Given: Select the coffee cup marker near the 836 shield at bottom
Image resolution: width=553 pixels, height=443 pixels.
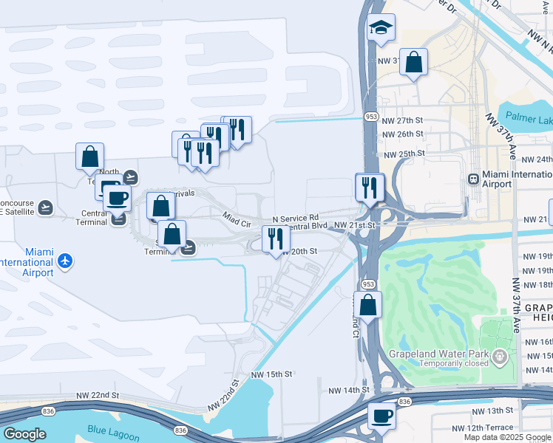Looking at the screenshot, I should (381, 416).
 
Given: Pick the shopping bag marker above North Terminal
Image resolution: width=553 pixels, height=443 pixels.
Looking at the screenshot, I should (89, 157).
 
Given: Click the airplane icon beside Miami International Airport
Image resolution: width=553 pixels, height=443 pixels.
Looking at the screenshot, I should (66, 261).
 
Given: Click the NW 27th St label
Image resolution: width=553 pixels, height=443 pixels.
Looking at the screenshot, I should (403, 120).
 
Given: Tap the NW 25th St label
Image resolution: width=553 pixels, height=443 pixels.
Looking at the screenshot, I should (403, 154).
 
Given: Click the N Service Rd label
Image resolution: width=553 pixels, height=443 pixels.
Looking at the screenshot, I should (295, 219).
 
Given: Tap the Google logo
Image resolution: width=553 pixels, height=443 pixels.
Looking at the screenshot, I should (24, 434).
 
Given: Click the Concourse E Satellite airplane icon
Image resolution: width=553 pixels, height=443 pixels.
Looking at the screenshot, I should (47, 207).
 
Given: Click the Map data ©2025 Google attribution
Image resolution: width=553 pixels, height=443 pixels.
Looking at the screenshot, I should (507, 437).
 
